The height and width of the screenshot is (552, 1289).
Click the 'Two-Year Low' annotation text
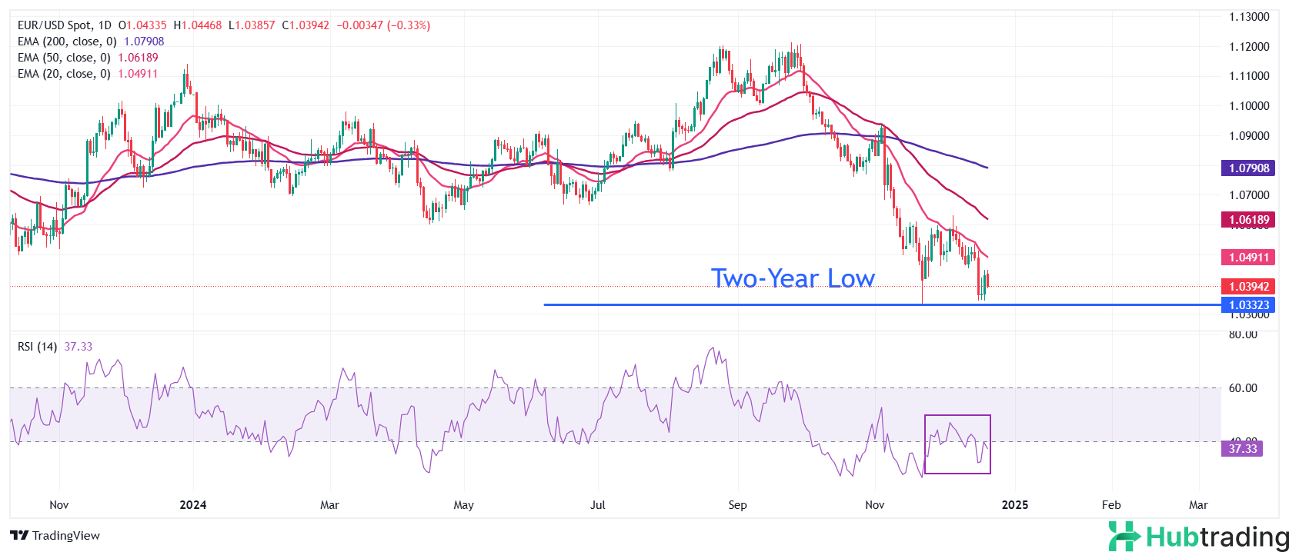tap(793, 278)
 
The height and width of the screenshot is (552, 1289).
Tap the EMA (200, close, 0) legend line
tap(91, 42)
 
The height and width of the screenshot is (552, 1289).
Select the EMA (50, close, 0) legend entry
tap(88, 58)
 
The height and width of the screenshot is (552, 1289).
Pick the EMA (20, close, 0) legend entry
tap(88, 74)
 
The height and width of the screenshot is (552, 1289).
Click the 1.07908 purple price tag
tap(1248, 168)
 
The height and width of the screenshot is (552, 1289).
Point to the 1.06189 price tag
tap(1248, 220)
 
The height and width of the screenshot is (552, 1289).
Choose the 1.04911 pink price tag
tap(1248, 258)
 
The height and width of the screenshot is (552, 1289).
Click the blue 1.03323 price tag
tap(1248, 305)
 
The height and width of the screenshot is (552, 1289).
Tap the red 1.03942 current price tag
tap(1248, 286)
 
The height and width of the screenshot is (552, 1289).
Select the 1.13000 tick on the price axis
tap(1248, 17)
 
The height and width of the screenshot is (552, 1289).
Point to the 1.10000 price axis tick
tap(1248, 106)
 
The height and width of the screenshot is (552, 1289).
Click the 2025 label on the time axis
tap(1014, 505)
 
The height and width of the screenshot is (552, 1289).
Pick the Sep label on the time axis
tap(737, 505)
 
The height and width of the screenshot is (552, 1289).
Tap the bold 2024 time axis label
tap(192, 505)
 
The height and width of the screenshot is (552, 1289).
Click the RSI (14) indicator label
tap(37, 347)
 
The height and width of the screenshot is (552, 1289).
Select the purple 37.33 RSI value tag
tap(1242, 449)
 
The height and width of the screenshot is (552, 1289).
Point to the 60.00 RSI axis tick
tap(1243, 388)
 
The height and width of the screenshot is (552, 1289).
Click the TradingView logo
tap(55, 536)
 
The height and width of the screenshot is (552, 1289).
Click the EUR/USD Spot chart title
tap(65, 25)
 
